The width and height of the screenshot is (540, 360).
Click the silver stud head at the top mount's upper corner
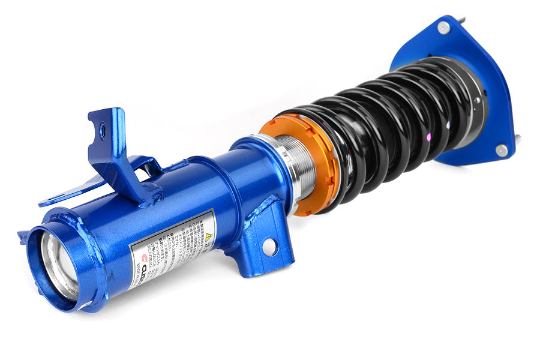pyautogui.click(x=443, y=27)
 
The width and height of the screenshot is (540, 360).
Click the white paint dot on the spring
pyautogui.click(x=450, y=125)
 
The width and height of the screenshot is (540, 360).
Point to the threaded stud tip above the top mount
pyautogui.click(x=463, y=20)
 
